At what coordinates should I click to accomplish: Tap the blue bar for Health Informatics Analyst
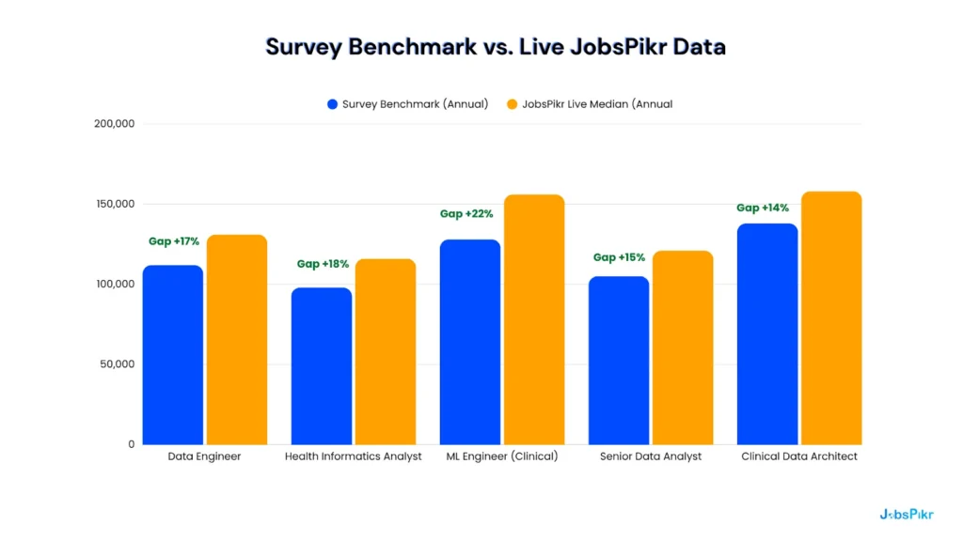[x=322, y=365]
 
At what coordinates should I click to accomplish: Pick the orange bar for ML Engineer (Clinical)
[x=534, y=319]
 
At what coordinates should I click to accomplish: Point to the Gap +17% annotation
[x=174, y=241]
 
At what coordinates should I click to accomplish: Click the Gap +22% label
[x=466, y=214]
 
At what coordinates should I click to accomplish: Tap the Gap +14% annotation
[x=763, y=208]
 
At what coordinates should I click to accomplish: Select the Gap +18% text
[x=323, y=264]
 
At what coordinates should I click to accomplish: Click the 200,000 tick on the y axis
[x=115, y=124]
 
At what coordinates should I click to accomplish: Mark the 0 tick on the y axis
[x=132, y=444]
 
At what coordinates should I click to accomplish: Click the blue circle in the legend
[x=332, y=104]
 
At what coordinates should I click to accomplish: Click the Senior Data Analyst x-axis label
[x=651, y=456]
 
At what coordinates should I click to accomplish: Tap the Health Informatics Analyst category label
[x=354, y=456]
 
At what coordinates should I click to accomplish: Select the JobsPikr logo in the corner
[x=907, y=514]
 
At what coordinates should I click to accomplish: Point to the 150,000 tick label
[x=115, y=204]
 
